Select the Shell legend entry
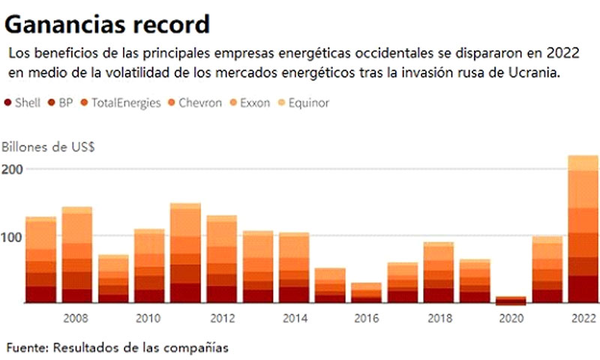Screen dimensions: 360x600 coord(23,103)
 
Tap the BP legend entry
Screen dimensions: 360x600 coord(59,103)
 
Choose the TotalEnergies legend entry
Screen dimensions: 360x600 coord(120,103)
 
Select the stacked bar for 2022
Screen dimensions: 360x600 coord(583,229)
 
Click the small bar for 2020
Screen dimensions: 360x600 coord(511,301)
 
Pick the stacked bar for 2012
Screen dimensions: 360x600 coord(221,259)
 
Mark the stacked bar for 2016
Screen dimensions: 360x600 coord(366,292)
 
